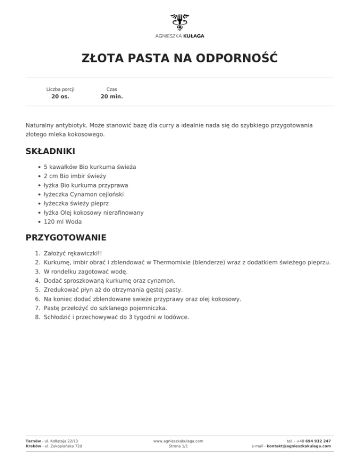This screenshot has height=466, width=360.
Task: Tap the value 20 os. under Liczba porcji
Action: (x=60, y=97)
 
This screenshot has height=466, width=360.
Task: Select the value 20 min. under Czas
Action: (x=112, y=97)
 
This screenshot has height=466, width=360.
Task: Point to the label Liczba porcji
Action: (x=60, y=89)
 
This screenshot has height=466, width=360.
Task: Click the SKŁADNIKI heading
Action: (x=50, y=151)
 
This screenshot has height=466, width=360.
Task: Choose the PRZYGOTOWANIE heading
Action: (x=66, y=237)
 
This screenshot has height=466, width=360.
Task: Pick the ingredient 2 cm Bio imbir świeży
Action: (x=75, y=176)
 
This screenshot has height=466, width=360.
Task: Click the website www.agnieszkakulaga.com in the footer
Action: (x=178, y=441)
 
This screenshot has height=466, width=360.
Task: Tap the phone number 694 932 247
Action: (x=318, y=441)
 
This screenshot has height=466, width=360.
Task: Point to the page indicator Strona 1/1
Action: (x=178, y=446)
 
